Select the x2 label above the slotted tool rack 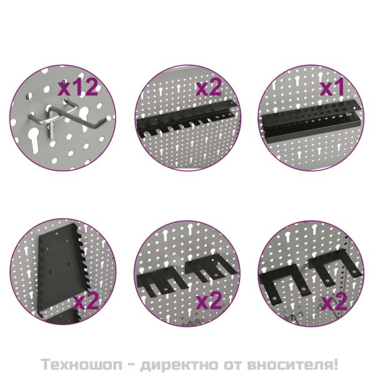pyautogui.click(x=209, y=87)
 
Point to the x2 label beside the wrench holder pyautogui.click(x=86, y=301)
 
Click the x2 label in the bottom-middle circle pyautogui.click(x=209, y=301)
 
